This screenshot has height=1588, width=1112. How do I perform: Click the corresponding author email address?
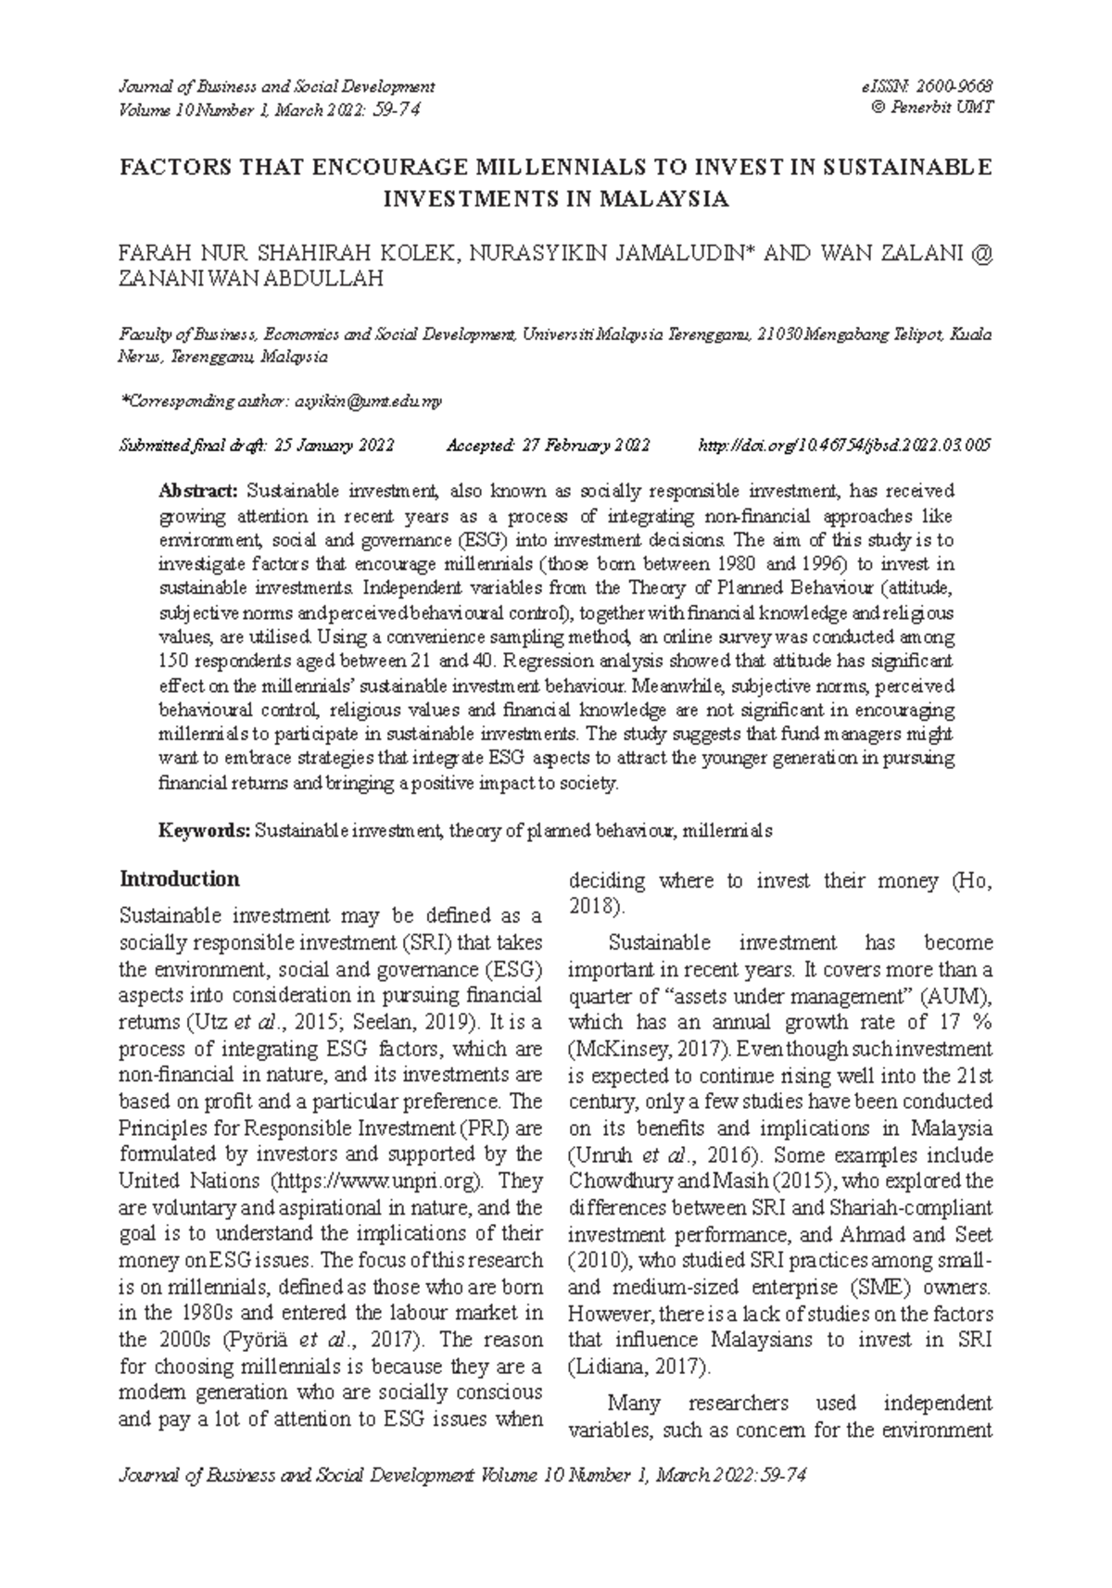pyautogui.click(x=368, y=401)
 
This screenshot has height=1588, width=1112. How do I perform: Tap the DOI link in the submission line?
pyautogui.click(x=843, y=446)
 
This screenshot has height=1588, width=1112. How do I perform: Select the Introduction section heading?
pyautogui.click(x=180, y=879)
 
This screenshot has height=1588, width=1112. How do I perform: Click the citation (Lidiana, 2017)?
pyautogui.click(x=639, y=1367)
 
